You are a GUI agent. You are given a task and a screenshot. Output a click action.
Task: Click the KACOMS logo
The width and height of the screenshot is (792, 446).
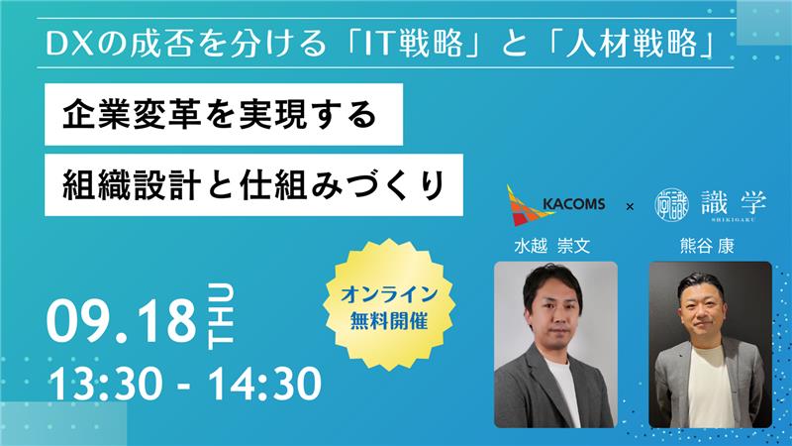coord(555,205)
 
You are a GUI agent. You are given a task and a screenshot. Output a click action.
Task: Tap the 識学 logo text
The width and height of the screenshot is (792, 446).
coord(734,204)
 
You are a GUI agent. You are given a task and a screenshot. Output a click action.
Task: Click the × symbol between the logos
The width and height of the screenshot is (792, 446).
coord(630,206)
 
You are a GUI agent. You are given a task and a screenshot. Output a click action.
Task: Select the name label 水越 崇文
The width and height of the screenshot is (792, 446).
coord(551,246)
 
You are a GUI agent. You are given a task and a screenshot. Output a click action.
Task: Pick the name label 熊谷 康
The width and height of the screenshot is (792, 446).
coord(707,246)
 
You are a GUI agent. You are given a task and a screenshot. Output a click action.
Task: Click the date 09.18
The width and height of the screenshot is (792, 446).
coord(121,321)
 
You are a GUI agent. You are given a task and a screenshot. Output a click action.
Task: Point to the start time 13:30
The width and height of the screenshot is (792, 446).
coord(105,384)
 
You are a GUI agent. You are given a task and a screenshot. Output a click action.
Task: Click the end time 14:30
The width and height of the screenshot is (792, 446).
coord(265,384)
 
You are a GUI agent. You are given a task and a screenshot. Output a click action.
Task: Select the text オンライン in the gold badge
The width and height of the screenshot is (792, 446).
coord(389,294)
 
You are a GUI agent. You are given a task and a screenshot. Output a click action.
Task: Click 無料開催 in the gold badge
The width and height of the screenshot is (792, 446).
coord(389,320)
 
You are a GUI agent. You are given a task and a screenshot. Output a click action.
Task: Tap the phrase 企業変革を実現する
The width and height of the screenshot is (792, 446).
coord(220,114)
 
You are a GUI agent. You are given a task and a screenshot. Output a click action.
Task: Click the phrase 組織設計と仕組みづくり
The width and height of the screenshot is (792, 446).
coord(253,185)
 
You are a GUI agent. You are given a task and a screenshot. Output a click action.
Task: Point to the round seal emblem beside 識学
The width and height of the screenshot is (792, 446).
coord(671,204)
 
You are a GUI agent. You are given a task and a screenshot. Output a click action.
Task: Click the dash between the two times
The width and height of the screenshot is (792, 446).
coord(185,387)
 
